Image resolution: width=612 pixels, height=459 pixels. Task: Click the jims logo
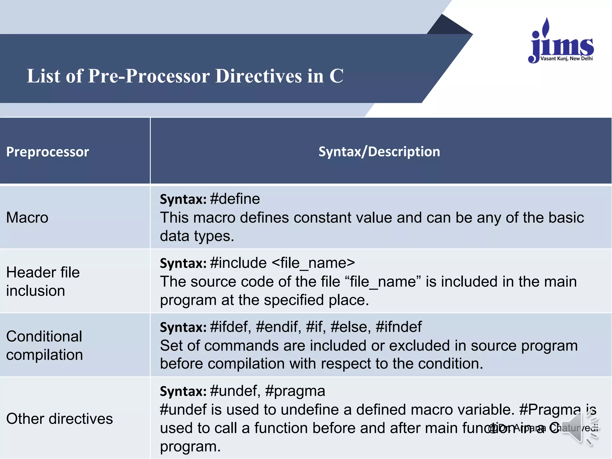click(561, 42)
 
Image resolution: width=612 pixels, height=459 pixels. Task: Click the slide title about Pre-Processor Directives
click(185, 76)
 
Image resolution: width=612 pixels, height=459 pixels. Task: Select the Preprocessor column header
click(48, 152)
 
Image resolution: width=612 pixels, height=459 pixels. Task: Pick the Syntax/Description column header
click(379, 152)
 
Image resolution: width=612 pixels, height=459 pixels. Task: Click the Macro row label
click(27, 217)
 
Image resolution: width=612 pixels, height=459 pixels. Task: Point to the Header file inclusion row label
click(43, 281)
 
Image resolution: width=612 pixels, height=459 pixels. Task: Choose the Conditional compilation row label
click(44, 345)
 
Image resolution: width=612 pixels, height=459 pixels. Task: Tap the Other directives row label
click(59, 419)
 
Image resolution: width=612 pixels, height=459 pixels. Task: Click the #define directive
click(235, 199)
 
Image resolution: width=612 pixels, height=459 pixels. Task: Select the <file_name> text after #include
click(313, 263)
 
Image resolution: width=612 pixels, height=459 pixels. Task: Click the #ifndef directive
click(399, 327)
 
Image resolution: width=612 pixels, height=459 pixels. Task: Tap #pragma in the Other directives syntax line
click(295, 391)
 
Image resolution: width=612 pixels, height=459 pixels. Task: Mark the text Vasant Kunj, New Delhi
click(566, 59)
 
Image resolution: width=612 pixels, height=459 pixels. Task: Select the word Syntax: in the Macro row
click(183, 199)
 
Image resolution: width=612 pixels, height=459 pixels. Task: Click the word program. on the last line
click(190, 446)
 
